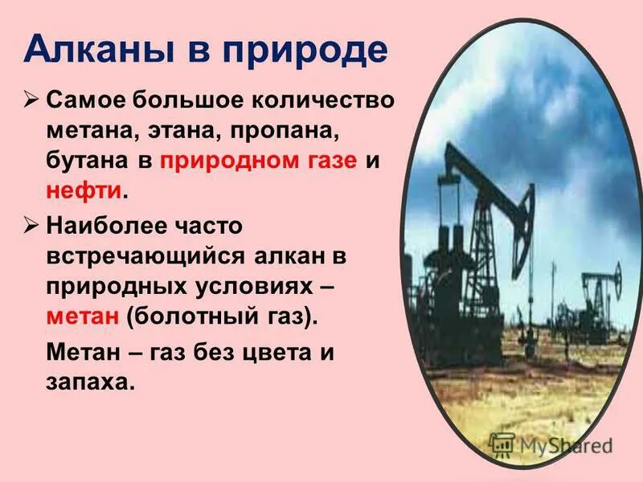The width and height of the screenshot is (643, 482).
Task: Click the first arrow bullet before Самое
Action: click(31, 102)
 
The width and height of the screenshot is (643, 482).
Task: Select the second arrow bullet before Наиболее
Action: click(31, 226)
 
